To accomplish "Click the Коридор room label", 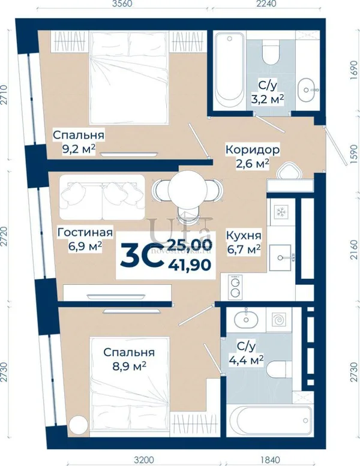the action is click(x=252, y=150).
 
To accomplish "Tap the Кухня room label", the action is click(x=244, y=236).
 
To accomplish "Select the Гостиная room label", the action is click(x=85, y=233).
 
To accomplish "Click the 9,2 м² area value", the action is click(x=79, y=149).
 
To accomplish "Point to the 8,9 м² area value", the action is click(x=129, y=365).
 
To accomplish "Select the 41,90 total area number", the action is click(x=190, y=265).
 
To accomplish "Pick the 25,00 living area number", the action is click(x=190, y=244).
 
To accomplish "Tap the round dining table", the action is click(x=188, y=188).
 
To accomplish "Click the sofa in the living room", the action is click(x=102, y=197).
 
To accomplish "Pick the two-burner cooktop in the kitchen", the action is click(x=235, y=287).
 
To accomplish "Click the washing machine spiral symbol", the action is click(x=279, y=320).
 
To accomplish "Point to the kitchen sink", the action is click(x=280, y=258).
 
